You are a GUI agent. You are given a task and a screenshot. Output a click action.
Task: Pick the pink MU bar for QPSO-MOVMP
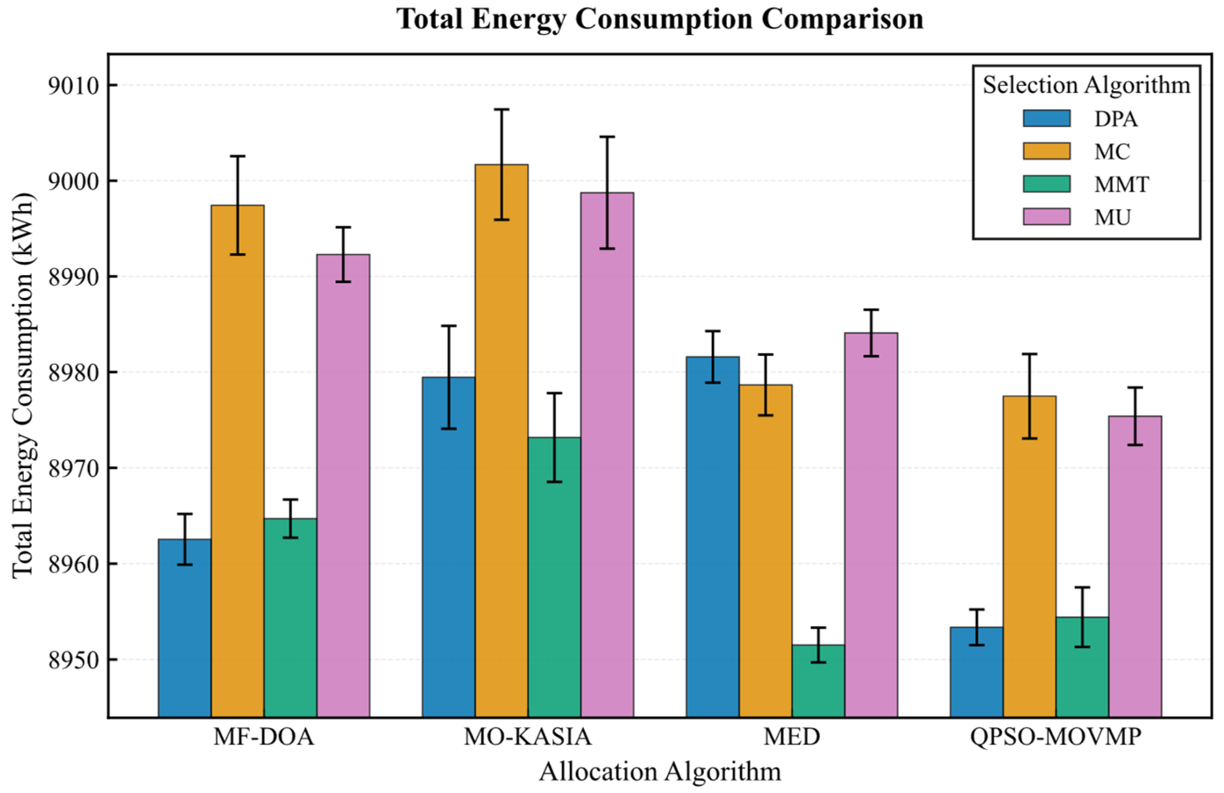click(1135, 566)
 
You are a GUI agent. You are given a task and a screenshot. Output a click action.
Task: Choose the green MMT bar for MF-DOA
click(291, 618)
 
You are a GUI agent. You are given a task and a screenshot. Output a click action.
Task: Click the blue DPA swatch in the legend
click(1046, 118)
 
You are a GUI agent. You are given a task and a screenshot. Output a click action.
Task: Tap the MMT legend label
click(1121, 184)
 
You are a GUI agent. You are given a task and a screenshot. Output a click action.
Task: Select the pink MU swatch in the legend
click(1046, 217)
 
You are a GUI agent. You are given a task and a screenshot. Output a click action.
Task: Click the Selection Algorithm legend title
click(1086, 85)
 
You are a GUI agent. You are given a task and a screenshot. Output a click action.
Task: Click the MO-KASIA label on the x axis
click(527, 738)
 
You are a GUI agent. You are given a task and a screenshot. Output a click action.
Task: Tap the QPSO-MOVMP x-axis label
click(1055, 738)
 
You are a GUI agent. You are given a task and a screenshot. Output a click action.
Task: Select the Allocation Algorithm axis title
click(660, 772)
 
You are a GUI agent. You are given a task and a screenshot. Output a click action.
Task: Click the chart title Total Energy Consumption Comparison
click(660, 20)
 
